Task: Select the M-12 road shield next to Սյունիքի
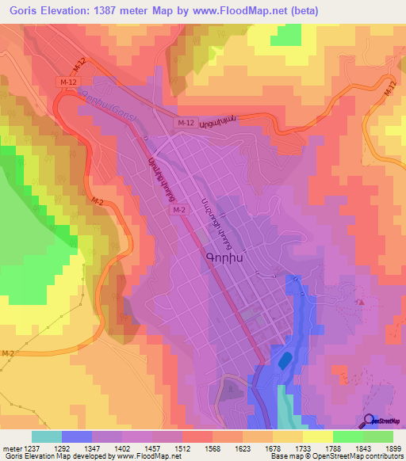[186, 123]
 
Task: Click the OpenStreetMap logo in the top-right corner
[383, 83]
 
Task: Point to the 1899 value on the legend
[386, 448]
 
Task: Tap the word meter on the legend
[10, 448]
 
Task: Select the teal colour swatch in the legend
[47, 436]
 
